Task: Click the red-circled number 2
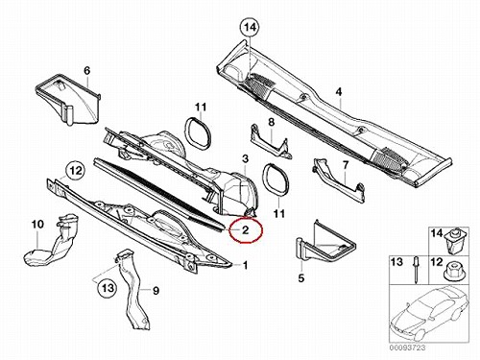[x=245, y=229]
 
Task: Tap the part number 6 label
[x=87, y=70]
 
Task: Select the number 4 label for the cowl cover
[x=339, y=92]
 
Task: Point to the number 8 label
[x=271, y=122]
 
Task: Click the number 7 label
[x=346, y=165]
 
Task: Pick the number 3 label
[x=245, y=158]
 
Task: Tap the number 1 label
[x=245, y=265]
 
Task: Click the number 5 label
[x=301, y=278]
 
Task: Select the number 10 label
[x=37, y=224]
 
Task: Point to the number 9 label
[x=156, y=291]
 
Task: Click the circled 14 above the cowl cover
[x=250, y=28]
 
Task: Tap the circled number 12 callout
[x=76, y=171]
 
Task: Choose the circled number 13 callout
[x=108, y=288]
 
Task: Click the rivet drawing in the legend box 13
[x=416, y=270]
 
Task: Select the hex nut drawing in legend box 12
[x=452, y=271]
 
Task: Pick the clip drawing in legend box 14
[x=454, y=241]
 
